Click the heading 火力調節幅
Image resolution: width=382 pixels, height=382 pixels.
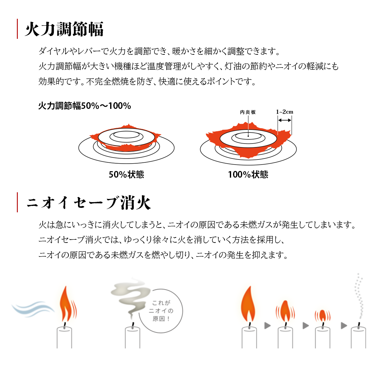click(64, 29)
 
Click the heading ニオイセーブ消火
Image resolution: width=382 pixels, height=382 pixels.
click(88, 202)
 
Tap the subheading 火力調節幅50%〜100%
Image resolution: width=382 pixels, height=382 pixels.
click(85, 106)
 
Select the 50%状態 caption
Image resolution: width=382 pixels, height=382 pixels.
click(126, 174)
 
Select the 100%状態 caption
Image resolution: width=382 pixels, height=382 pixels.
click(248, 174)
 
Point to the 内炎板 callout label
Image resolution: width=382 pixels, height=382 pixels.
click(248, 112)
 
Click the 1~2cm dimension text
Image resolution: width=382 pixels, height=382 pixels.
click(285, 112)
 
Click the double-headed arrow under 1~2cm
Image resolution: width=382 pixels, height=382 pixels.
click(285, 120)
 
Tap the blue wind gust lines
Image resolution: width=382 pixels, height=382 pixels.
click(33, 309)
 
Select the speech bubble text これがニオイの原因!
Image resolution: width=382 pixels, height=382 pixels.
click(161, 311)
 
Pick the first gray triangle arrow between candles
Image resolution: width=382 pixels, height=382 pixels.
click(268, 326)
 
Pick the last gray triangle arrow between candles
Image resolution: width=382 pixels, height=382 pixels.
click(344, 326)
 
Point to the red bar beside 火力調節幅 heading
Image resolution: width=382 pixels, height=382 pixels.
click(18, 29)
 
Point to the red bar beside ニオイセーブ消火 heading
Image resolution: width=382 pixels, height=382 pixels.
click(18, 202)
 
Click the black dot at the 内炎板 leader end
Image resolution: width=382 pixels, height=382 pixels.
click(248, 136)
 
